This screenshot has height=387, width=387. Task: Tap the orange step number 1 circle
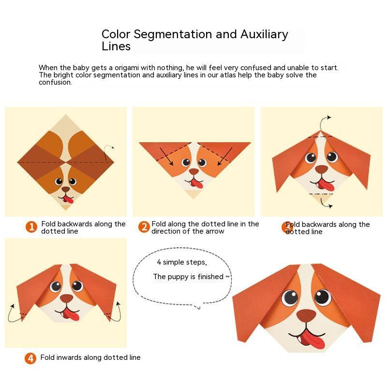pyautogui.click(x=31, y=227)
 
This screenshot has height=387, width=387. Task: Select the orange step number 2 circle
pyautogui.click(x=144, y=227)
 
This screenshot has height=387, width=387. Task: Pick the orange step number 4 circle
pyautogui.click(x=30, y=358)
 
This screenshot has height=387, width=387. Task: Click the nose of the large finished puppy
pyautogui.click(x=306, y=315)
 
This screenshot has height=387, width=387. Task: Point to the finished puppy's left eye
pyautogui.click(x=290, y=298)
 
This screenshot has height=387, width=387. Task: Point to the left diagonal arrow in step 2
pyautogui.click(x=166, y=156)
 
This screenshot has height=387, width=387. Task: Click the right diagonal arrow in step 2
pyautogui.click(x=225, y=156)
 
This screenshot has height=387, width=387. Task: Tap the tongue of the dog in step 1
pyautogui.click(x=69, y=200)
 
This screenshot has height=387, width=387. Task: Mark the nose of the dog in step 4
pyautogui.click(x=67, y=298)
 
